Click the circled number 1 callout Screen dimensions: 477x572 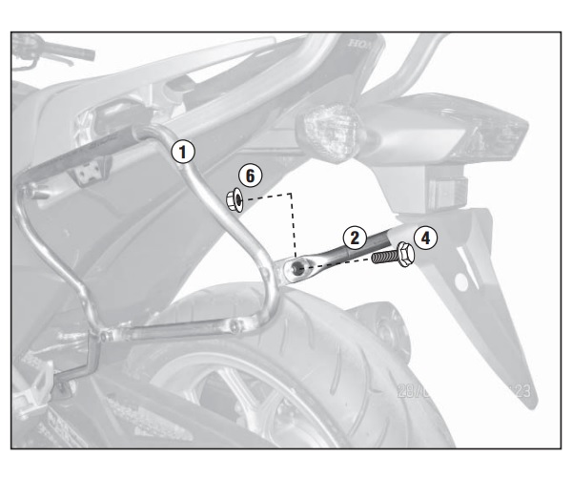182,150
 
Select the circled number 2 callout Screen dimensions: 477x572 353,238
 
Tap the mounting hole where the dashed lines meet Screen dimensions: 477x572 299,269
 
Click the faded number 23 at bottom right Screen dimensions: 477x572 520,392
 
